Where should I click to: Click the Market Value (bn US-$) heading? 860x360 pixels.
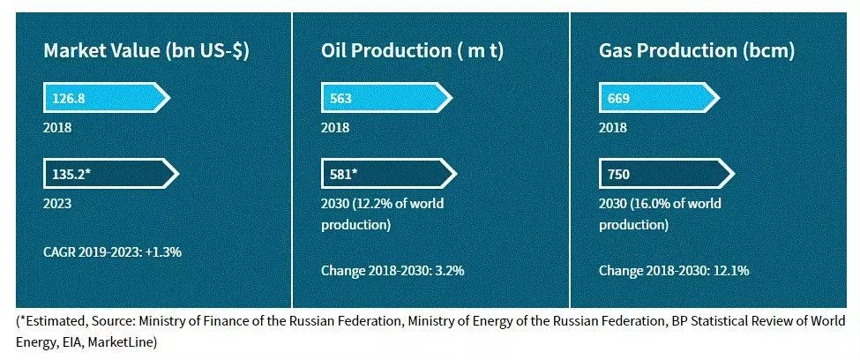click(146, 51)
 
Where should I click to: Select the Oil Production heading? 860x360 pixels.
click(413, 51)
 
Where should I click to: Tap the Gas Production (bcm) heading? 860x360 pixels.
click(697, 51)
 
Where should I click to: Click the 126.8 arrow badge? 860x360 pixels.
click(107, 98)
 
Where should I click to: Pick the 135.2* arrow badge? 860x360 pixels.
click(111, 175)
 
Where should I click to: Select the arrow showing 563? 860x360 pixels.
click(386, 98)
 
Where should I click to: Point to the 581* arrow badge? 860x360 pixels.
click(389, 175)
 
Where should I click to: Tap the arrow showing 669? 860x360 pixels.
click(659, 98)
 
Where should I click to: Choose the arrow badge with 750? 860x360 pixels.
click(667, 175)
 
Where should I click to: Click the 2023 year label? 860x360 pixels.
click(57, 204)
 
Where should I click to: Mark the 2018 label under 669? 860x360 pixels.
click(613, 128)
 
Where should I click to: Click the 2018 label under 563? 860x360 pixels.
click(335, 128)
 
